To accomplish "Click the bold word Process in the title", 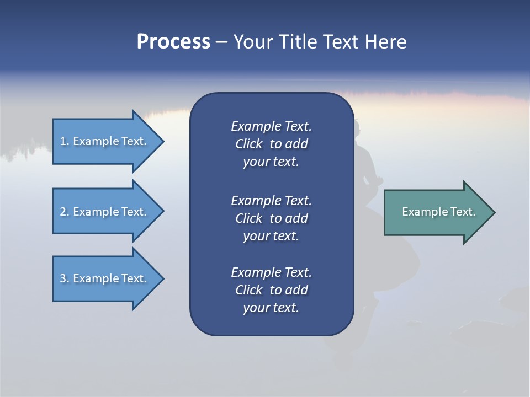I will [173, 42].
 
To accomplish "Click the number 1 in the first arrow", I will [62, 141].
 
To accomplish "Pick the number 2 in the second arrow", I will [62, 212].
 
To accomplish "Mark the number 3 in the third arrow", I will [62, 278].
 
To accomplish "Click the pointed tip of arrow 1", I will [162, 141].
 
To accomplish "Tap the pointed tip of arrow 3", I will [162, 278].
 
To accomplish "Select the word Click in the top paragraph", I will [249, 144].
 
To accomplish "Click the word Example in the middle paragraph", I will [256, 200].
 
